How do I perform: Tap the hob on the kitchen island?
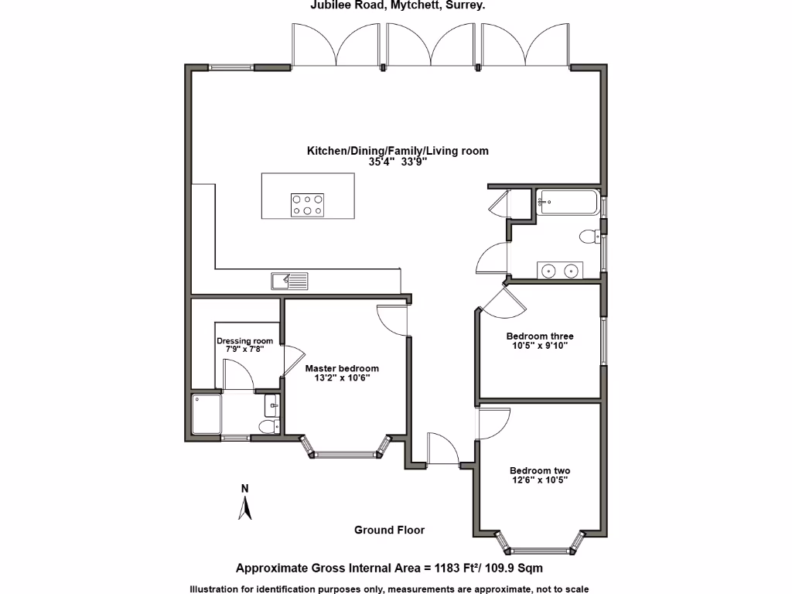coord(307,204)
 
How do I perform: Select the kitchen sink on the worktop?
coord(289,280)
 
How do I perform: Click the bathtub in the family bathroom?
coord(568,203)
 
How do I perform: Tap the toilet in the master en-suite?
coord(268,426)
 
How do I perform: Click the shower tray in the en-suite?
coord(208,416)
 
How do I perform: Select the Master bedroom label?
coord(342,368)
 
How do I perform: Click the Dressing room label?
coord(244,340)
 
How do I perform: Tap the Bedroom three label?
coord(540,336)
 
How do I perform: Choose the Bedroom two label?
coord(540,470)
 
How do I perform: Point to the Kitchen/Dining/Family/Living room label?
coord(398,151)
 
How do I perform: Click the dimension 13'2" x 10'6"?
coord(342,378)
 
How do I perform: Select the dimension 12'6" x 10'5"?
coord(540,480)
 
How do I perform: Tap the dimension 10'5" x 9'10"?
coord(540,346)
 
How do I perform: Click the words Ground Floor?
coord(389,530)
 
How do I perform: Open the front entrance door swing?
coord(442,449)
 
